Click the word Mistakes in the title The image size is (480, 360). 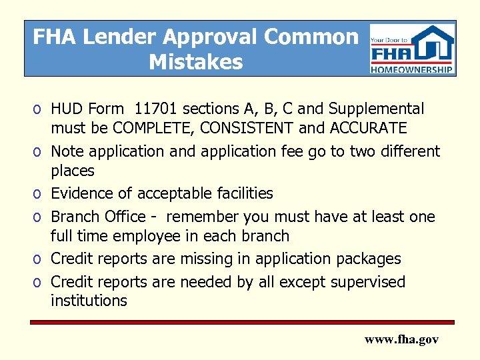(196, 62)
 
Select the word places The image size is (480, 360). (73, 171)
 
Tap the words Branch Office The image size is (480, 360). (98, 217)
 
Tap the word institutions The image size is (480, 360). (89, 301)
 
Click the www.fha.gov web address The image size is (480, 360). (401, 340)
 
